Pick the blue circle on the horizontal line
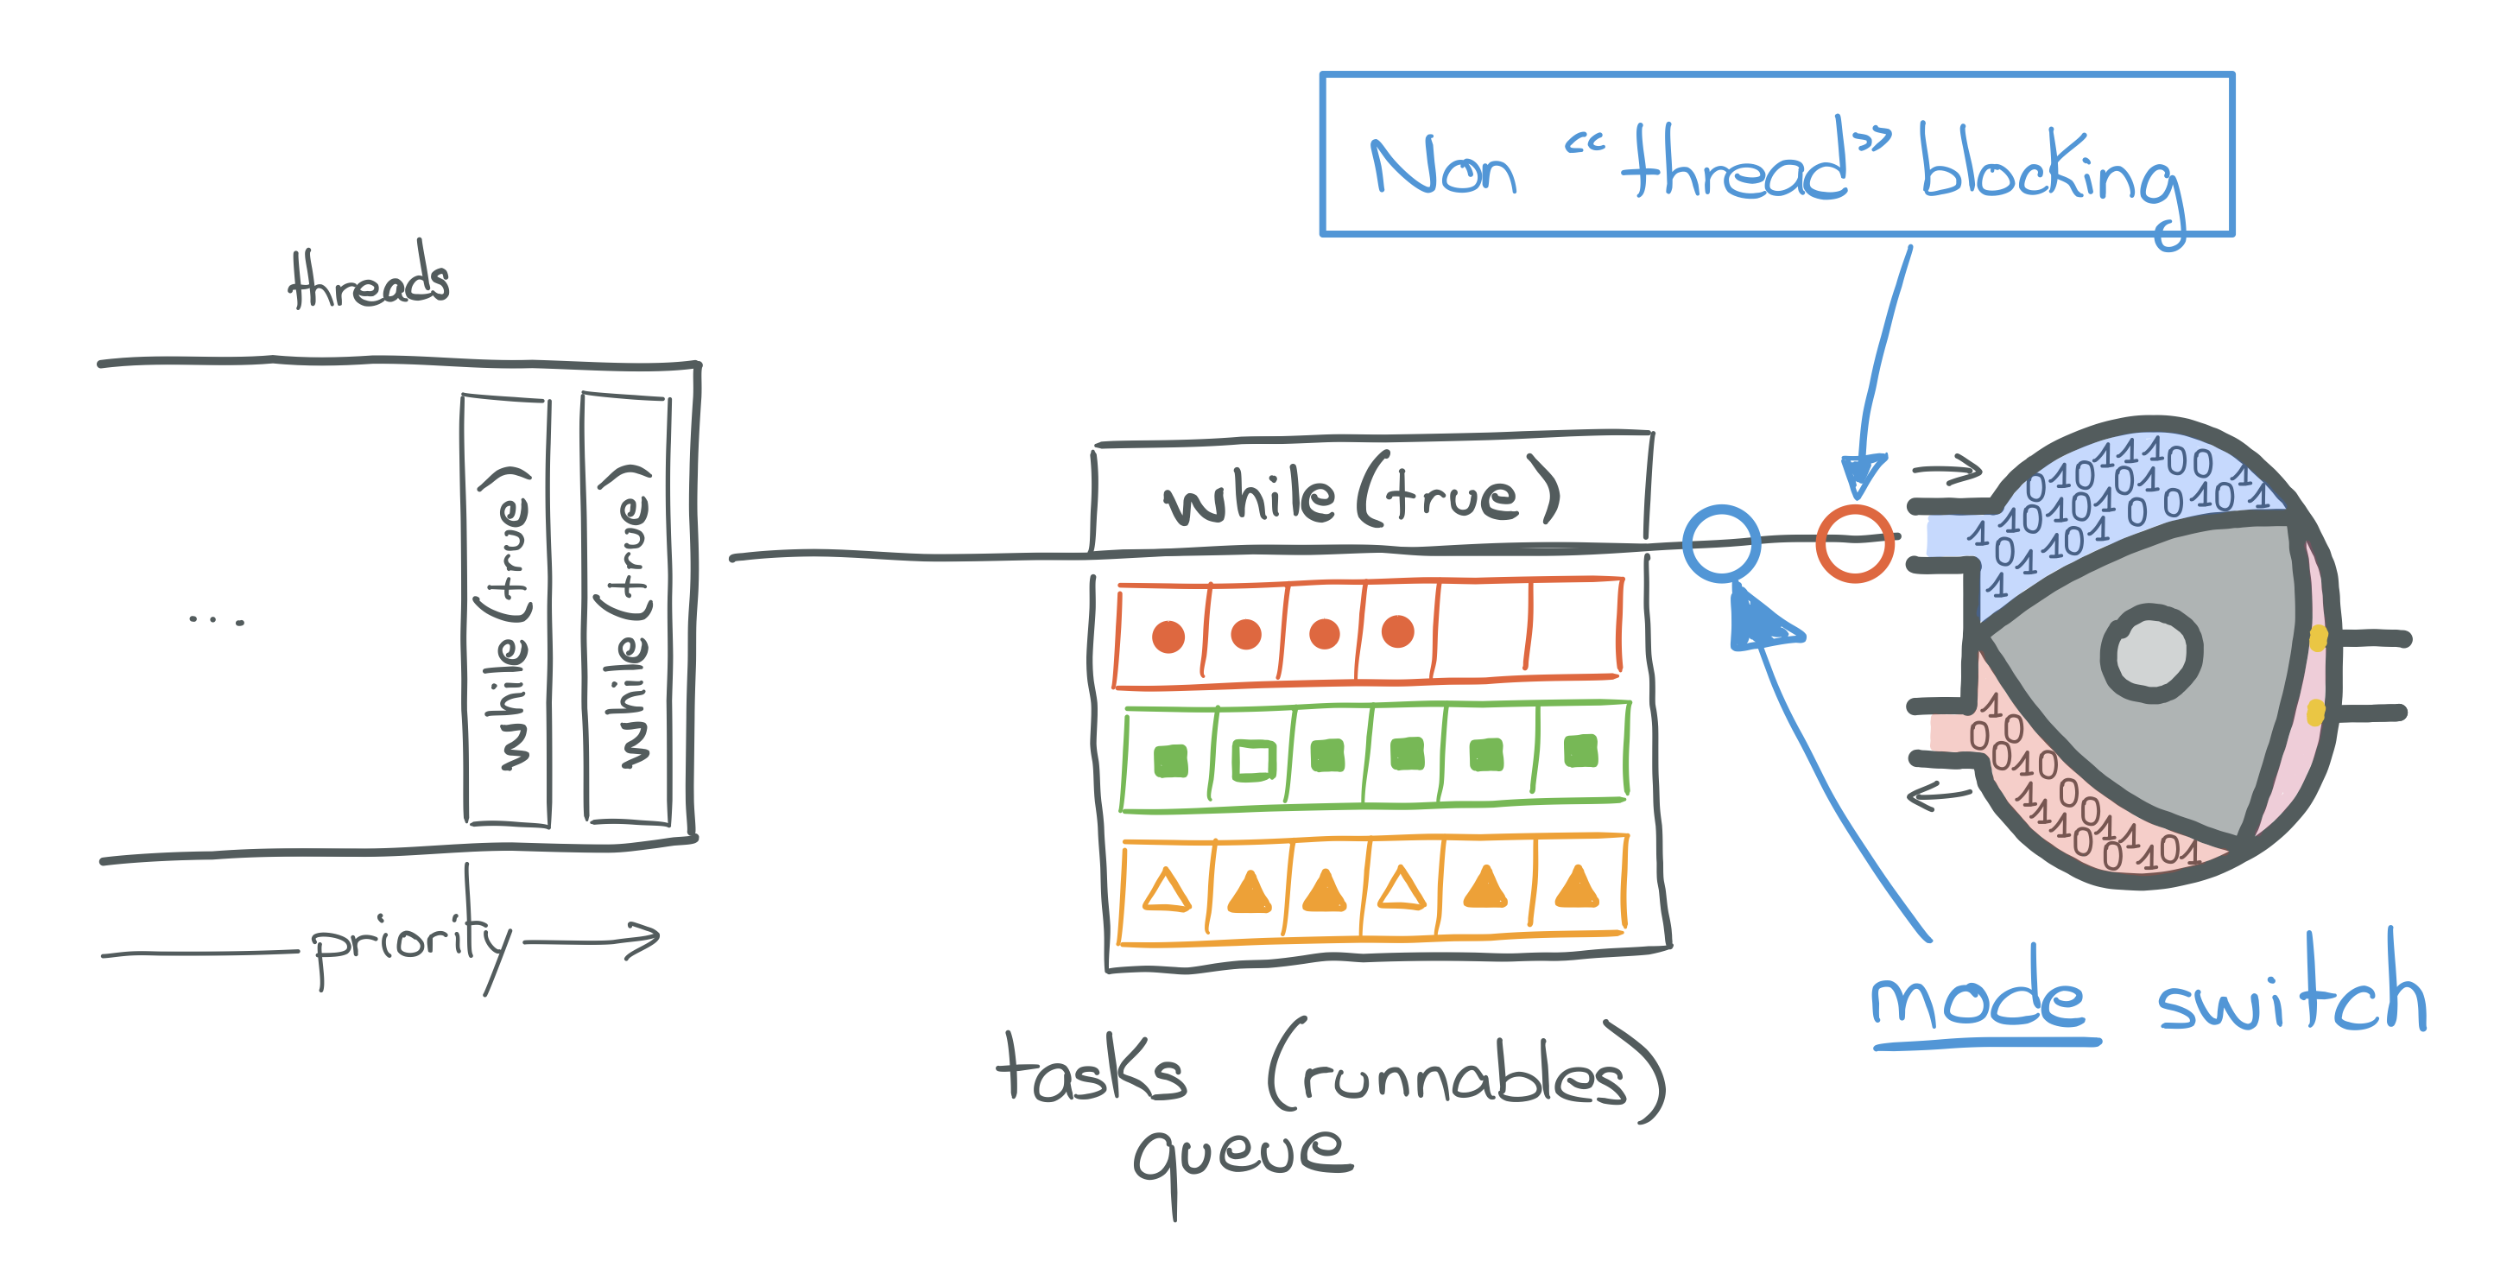point(1721,543)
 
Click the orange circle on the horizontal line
point(1853,543)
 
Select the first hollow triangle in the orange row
point(1167,890)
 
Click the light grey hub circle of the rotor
point(2150,653)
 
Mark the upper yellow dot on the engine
point(2318,638)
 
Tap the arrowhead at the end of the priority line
point(646,939)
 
